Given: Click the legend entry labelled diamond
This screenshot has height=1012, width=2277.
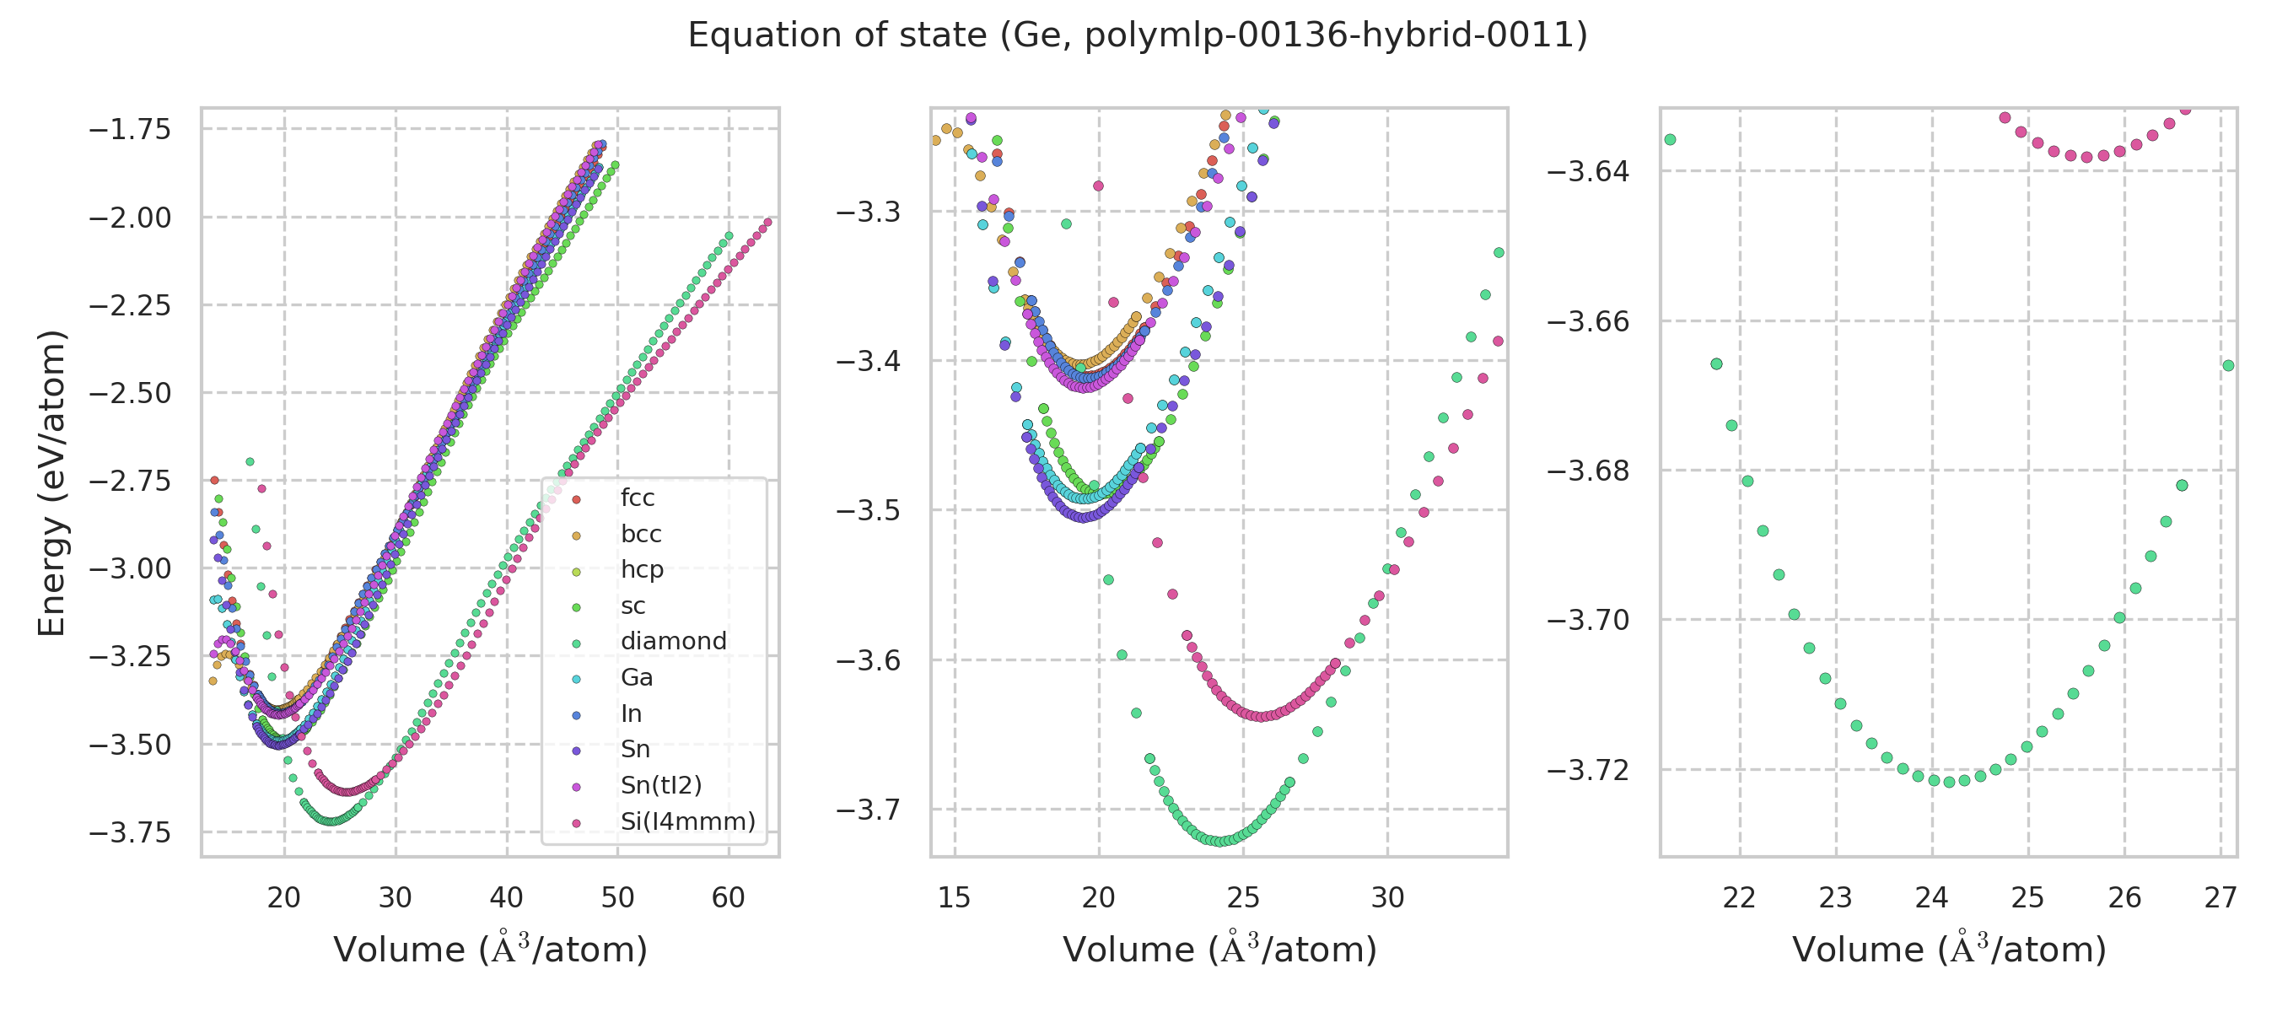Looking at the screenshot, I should (x=673, y=641).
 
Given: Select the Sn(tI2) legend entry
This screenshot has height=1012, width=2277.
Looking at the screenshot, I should (x=660, y=785).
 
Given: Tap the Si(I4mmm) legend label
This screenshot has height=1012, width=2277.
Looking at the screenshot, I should (x=687, y=821).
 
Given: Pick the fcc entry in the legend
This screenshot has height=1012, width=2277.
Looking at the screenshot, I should (x=638, y=498).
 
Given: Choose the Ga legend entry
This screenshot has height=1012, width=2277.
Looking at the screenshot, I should (x=637, y=677).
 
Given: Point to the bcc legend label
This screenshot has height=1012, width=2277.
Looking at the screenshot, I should (x=641, y=534).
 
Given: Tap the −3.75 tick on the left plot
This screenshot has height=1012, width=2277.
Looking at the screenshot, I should (x=130, y=832).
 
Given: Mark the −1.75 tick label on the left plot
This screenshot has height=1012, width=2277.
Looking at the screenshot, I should (x=130, y=129).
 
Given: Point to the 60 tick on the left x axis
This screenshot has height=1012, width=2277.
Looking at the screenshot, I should (x=729, y=898).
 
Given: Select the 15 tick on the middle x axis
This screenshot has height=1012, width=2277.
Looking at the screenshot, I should (x=955, y=898).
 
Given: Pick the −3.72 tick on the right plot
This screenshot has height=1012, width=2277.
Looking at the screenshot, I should (x=1587, y=770).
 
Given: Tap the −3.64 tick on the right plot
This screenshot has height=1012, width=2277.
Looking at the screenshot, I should (x=1587, y=170).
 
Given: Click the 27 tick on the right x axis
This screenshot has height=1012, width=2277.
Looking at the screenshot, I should (x=2220, y=898).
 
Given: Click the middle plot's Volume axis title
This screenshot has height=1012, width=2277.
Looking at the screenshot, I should (x=1219, y=950).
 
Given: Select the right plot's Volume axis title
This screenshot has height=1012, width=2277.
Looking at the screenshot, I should (x=1949, y=950).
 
